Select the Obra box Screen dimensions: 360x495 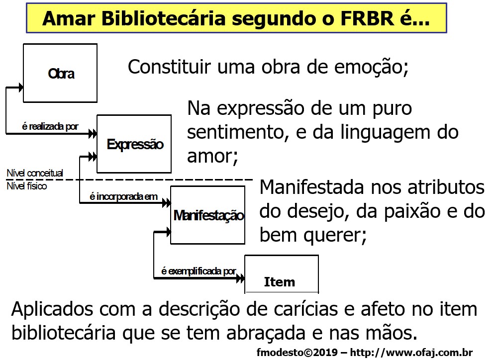60,73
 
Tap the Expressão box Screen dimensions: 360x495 134,144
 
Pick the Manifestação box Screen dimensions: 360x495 208,215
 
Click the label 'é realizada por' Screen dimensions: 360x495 50,126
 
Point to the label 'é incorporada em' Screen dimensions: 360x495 123,197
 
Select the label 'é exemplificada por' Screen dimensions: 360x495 198,271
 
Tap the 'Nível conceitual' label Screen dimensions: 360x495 34,173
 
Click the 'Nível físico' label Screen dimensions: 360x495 26,186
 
